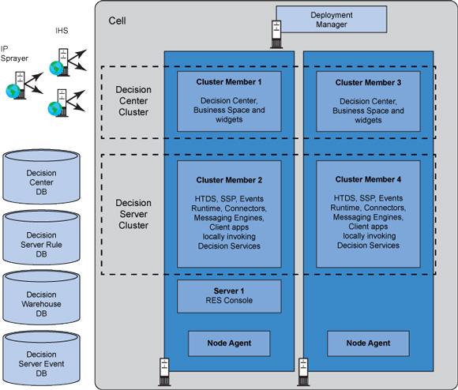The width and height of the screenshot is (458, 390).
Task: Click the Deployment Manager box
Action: (x=332, y=19)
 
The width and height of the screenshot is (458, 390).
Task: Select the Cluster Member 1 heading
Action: (x=229, y=82)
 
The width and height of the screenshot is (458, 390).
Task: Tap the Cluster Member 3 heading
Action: (x=368, y=83)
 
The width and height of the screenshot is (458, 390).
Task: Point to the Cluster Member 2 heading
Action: (x=229, y=180)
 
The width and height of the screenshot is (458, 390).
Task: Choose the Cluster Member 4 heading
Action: (x=368, y=179)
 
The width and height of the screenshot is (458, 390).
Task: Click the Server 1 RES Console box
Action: (x=229, y=296)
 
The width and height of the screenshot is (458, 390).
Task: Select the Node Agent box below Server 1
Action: (x=229, y=343)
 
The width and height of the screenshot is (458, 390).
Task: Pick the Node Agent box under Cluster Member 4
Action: (x=368, y=343)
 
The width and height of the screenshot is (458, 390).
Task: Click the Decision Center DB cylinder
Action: (x=41, y=177)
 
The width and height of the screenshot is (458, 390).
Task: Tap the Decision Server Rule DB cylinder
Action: (x=41, y=238)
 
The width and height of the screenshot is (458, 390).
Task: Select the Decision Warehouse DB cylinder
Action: (x=41, y=298)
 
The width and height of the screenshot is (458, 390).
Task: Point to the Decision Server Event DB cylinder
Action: (x=41, y=358)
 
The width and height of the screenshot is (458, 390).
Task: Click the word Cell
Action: (x=117, y=21)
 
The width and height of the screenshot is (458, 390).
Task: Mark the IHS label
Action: (x=62, y=31)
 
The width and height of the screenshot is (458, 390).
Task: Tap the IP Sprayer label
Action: (x=14, y=54)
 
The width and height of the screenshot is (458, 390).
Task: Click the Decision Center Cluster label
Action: (x=133, y=101)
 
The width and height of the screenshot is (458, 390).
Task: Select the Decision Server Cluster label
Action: (x=133, y=214)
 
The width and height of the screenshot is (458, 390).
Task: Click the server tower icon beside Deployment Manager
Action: (x=276, y=34)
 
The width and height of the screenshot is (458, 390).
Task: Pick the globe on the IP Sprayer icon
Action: (x=13, y=91)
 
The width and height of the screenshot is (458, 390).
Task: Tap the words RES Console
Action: (x=229, y=300)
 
